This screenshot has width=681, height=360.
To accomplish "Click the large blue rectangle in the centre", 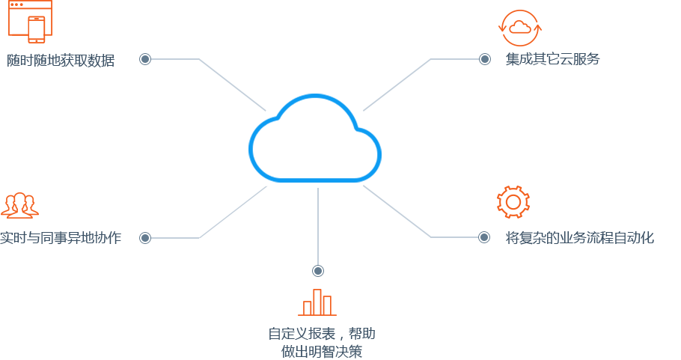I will (x=314, y=138).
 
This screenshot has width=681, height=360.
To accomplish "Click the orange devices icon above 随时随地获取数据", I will (x=31, y=21).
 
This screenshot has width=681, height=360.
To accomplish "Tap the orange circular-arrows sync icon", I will (x=519, y=28).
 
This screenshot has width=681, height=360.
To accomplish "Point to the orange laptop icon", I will (x=317, y=302).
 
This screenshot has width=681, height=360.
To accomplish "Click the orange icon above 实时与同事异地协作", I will (x=19, y=204).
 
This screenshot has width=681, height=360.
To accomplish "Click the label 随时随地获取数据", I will (x=61, y=61).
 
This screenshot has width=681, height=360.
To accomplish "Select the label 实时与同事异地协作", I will (x=60, y=239).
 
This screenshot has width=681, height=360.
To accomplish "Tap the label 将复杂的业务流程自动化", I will (x=580, y=238).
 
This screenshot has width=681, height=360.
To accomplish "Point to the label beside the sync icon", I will (x=552, y=59).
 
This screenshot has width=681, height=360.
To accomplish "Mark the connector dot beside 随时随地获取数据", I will (x=144, y=59).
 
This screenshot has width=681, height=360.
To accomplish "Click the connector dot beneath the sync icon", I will (x=485, y=59).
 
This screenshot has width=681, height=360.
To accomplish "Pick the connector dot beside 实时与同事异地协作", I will (x=144, y=238).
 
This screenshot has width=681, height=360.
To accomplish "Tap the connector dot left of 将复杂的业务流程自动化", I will (x=484, y=237).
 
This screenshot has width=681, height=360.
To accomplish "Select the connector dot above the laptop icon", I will (x=318, y=271).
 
